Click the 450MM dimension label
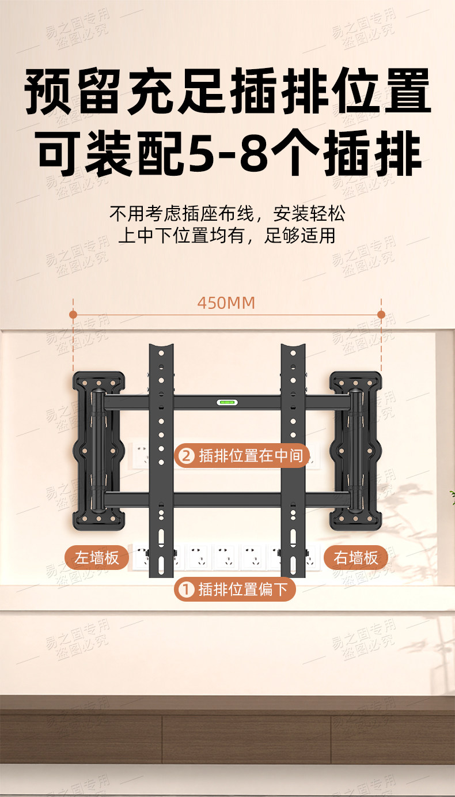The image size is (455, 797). coord(226,303)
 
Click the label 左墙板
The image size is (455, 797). coord(96,558)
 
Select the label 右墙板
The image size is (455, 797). coord(356,558)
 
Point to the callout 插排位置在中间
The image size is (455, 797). coord(242,456)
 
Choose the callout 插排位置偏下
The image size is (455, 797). coord(235,589)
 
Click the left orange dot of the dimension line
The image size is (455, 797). coord(73,315)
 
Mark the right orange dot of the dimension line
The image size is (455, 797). coord(381,315)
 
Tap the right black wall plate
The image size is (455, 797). coord(356,451)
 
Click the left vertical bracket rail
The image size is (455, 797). coord(161,461)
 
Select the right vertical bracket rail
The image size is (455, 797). coord(293,461)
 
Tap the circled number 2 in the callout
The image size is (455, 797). coord(185,456)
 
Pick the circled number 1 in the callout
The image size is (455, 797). coord(185,590)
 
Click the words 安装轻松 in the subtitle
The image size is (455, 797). coord(309,214)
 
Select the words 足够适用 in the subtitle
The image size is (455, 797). coord(300,236)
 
